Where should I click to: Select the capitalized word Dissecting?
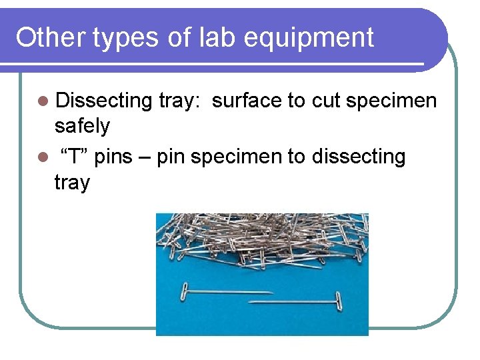pos(104,101)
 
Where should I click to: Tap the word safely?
pos(82,125)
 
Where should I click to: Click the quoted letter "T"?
pos(75,157)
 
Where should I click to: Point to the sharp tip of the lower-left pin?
pos(272,292)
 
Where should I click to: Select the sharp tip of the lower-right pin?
pos(250,303)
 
